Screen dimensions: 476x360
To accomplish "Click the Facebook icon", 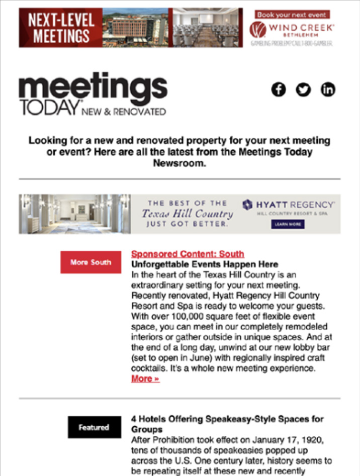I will click(278, 89).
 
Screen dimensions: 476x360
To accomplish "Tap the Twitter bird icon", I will click(303, 89).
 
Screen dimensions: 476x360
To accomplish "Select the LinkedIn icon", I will click(328, 89).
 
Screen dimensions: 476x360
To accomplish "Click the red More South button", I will click(91, 262).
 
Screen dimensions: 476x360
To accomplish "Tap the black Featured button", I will click(94, 427).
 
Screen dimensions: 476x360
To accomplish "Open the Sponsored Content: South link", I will click(188, 254).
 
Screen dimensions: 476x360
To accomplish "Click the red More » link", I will click(145, 378).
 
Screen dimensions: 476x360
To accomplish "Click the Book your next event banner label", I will click(292, 15).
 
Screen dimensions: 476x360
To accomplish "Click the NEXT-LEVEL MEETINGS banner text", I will click(60, 28).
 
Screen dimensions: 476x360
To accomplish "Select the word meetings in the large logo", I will click(93, 88).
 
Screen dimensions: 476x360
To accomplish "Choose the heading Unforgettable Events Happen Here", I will click(205, 264).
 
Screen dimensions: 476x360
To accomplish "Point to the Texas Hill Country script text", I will click(188, 214).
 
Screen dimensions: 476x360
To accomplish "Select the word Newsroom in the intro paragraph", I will click(179, 164).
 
